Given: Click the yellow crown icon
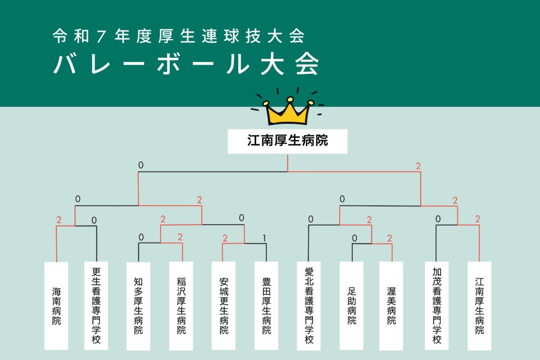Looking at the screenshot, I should click(x=289, y=110).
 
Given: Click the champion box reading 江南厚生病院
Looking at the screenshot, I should click(x=287, y=141).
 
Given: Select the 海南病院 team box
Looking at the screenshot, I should click(x=56, y=305).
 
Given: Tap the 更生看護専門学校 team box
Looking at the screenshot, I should click(x=96, y=305).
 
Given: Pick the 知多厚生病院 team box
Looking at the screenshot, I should click(x=138, y=305).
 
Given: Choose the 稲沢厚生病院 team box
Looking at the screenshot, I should click(x=181, y=305).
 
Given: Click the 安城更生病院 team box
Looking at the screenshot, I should click(x=224, y=305).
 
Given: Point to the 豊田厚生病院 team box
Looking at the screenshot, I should click(x=266, y=305).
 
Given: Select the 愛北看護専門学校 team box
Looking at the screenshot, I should click(x=309, y=305).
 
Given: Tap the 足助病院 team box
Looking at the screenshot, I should click(x=352, y=305).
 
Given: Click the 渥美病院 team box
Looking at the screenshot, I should click(x=391, y=305).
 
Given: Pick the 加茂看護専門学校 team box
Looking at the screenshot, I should click(x=437, y=305).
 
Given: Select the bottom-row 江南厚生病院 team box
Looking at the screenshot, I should click(x=479, y=305).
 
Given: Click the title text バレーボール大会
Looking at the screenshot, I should click(x=187, y=64).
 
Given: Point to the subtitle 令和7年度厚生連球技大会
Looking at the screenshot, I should click(x=179, y=36).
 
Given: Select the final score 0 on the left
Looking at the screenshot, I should click(x=141, y=166).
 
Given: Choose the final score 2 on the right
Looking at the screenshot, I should click(x=418, y=166).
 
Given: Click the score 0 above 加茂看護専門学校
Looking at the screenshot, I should click(x=438, y=219).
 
